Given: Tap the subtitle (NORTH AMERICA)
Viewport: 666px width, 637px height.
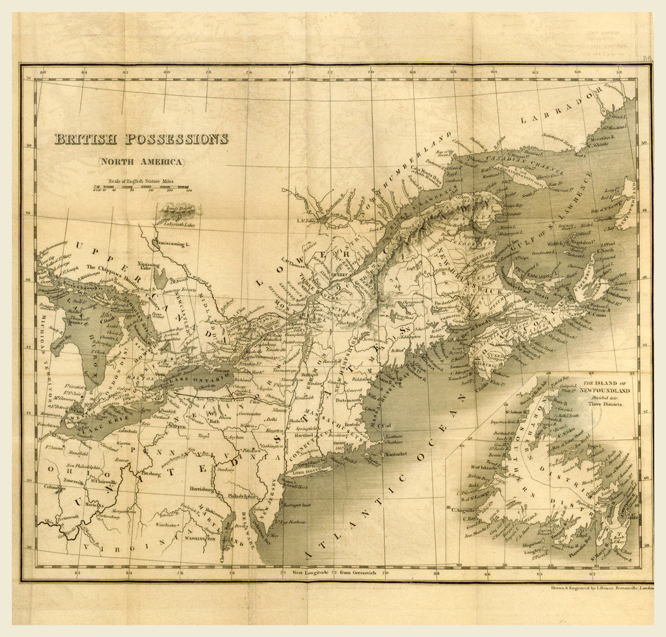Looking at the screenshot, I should [x=140, y=162].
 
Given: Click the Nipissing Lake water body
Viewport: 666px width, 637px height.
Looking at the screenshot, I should [x=159, y=279].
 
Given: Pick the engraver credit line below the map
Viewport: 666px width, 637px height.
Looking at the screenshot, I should [x=593, y=587].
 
